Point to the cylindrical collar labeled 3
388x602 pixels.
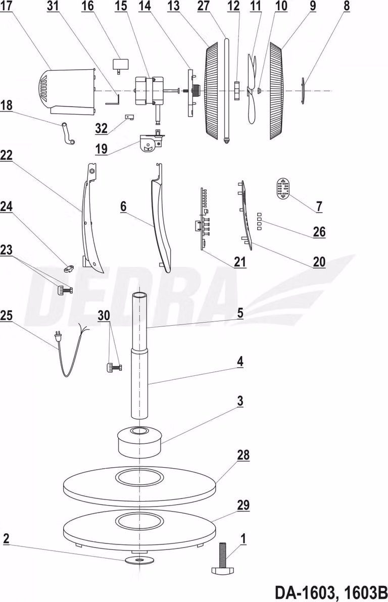click(139, 441)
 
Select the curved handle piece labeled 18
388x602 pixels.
click(68, 133)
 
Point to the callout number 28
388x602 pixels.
click(243, 455)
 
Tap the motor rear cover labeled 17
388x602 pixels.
click(67, 91)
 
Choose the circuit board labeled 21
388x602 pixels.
click(203, 219)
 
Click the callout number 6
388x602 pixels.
click(123, 206)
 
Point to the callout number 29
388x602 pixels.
click(243, 505)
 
